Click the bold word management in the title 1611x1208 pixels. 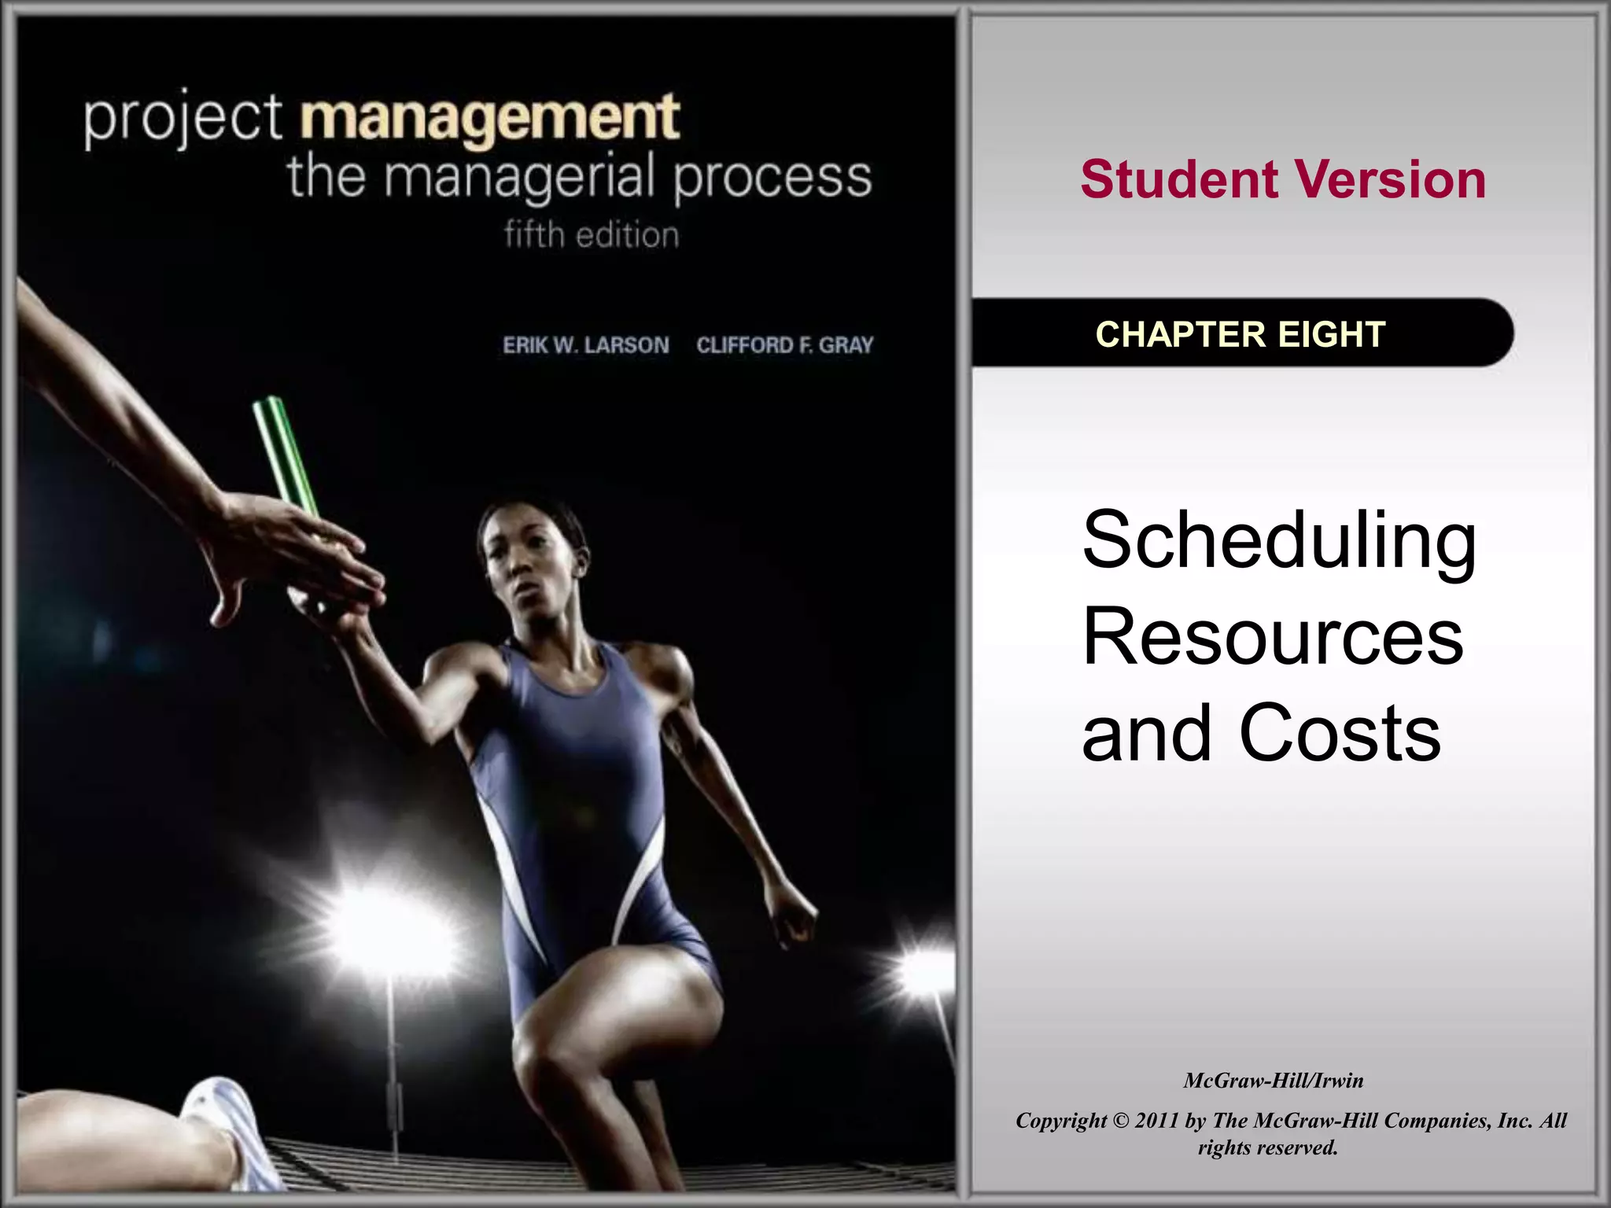pyautogui.click(x=489, y=118)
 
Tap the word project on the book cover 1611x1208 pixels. pyautogui.click(x=182, y=120)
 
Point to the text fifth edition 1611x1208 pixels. pyautogui.click(x=591, y=234)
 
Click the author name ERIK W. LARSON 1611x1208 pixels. pyautogui.click(x=586, y=345)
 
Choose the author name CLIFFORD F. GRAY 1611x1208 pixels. pyautogui.click(x=784, y=345)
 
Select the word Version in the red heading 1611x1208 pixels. pyautogui.click(x=1390, y=180)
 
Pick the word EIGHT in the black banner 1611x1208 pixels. pyautogui.click(x=1332, y=334)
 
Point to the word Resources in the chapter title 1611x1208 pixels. pyautogui.click(x=1272, y=637)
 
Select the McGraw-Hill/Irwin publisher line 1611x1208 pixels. pyautogui.click(x=1273, y=1081)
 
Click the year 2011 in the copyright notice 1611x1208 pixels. pyautogui.click(x=1156, y=1121)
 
